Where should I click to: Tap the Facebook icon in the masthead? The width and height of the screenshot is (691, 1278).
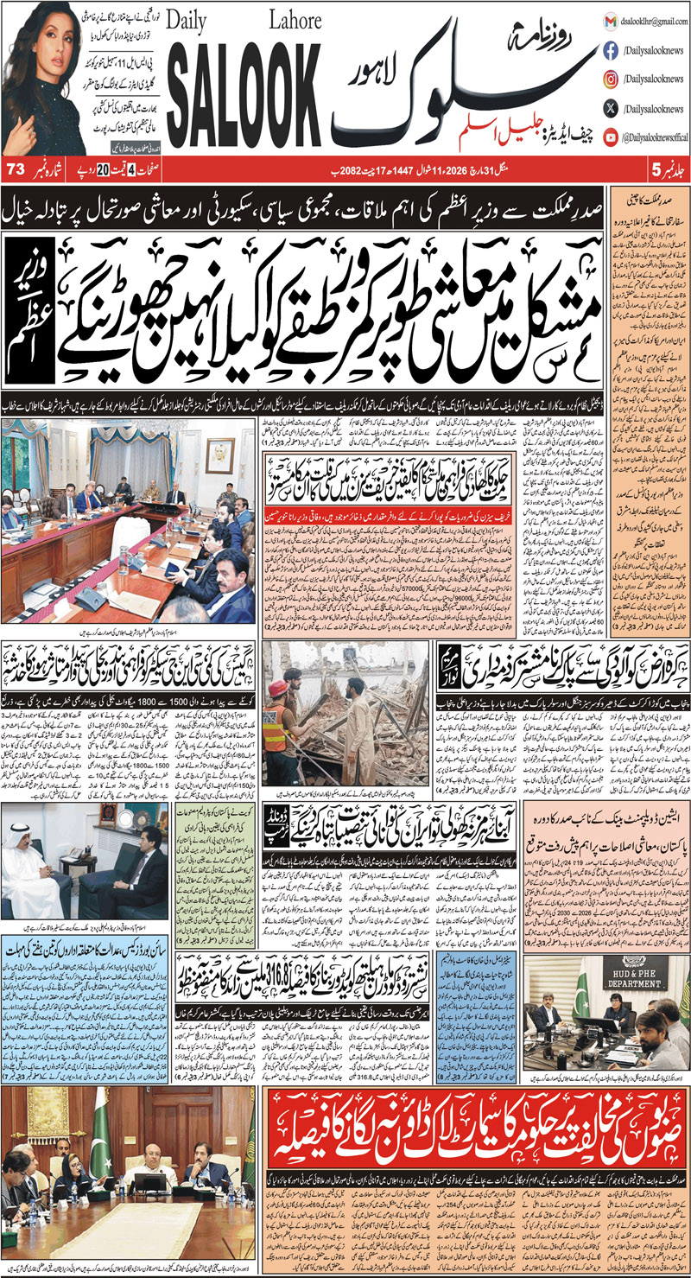pyautogui.click(x=610, y=51)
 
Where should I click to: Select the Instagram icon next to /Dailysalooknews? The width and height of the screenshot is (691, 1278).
pyautogui.click(x=610, y=79)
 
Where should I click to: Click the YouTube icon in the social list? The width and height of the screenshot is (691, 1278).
pyautogui.click(x=610, y=136)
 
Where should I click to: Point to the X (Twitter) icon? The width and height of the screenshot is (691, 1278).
pyautogui.click(x=610, y=108)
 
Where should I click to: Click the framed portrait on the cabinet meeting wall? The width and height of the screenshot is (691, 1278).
pyautogui.click(x=220, y=454)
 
